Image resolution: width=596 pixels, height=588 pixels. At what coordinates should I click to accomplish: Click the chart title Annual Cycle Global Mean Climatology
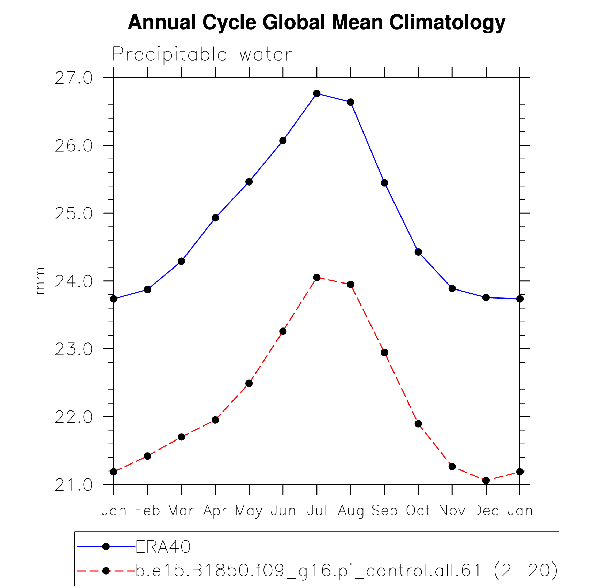[316, 22]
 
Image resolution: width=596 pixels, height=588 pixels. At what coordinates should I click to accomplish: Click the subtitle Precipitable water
[202, 54]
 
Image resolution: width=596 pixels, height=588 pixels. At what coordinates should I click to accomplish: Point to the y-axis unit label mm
[40, 281]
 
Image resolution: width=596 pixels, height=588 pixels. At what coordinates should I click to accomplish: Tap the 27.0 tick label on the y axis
[74, 78]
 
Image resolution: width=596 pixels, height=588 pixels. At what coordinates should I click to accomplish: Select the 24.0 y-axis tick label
[74, 281]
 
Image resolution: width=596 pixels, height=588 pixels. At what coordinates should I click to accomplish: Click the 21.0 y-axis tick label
[74, 485]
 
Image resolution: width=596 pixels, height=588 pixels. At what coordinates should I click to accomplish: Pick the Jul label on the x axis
[317, 511]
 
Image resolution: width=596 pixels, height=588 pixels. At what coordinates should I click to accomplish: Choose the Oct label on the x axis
[418, 511]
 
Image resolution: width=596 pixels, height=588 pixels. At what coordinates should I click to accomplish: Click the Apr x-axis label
[215, 511]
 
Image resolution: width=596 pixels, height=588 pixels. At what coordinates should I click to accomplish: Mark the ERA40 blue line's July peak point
[317, 93]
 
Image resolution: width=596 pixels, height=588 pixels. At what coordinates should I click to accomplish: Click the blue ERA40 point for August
[351, 102]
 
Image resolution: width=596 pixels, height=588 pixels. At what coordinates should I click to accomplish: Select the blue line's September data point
[384, 183]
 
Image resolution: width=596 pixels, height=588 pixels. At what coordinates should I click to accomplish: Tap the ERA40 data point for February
[147, 289]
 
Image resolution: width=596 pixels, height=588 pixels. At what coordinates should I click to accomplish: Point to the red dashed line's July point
[317, 278]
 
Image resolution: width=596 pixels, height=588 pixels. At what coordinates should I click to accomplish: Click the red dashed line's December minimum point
[486, 481]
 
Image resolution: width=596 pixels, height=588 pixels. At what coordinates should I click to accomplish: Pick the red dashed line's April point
[215, 420]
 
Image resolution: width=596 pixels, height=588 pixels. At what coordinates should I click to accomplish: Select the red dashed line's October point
[418, 424]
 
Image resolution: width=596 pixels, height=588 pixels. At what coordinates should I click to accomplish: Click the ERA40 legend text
[163, 546]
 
